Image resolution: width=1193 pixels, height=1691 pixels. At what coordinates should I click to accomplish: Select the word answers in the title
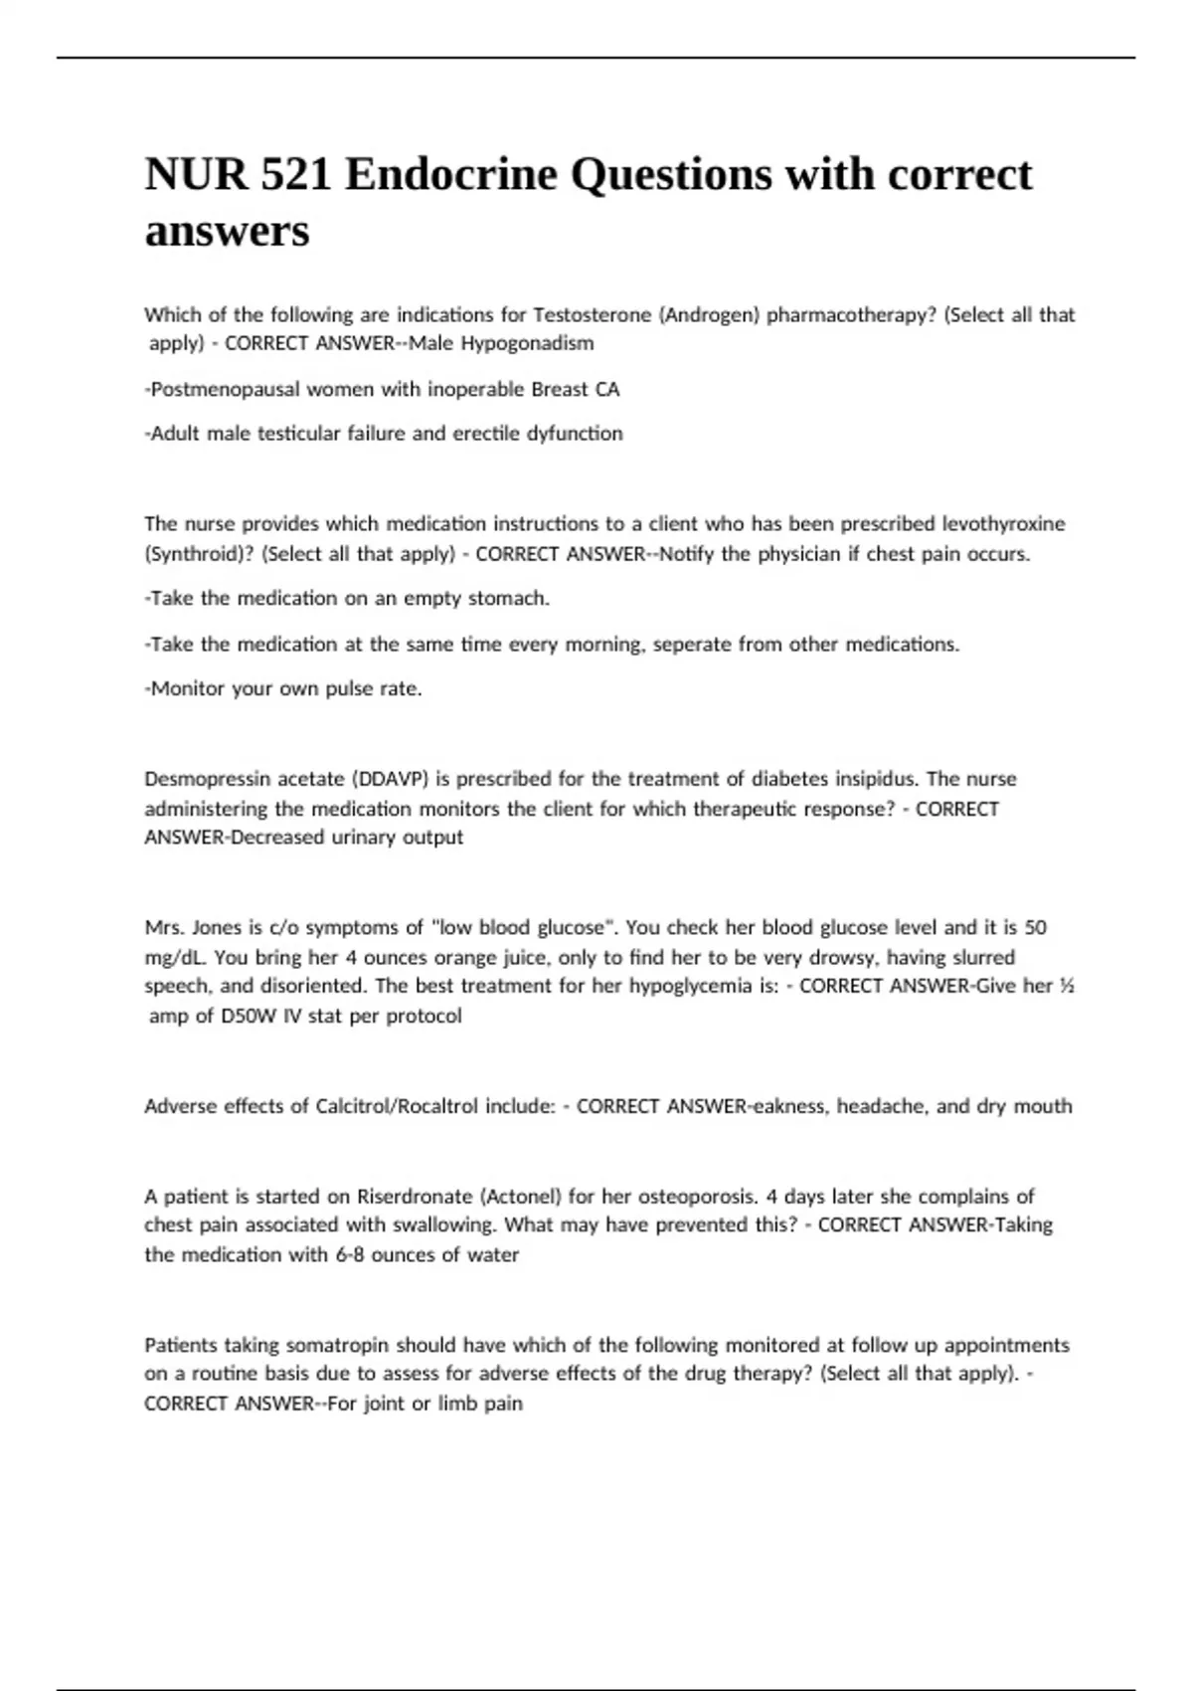[227, 232]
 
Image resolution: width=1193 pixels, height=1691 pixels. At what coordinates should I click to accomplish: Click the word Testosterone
[592, 315]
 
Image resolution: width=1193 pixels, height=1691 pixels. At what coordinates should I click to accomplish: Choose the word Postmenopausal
[225, 389]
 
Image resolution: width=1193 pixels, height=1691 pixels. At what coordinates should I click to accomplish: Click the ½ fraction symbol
[1067, 986]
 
